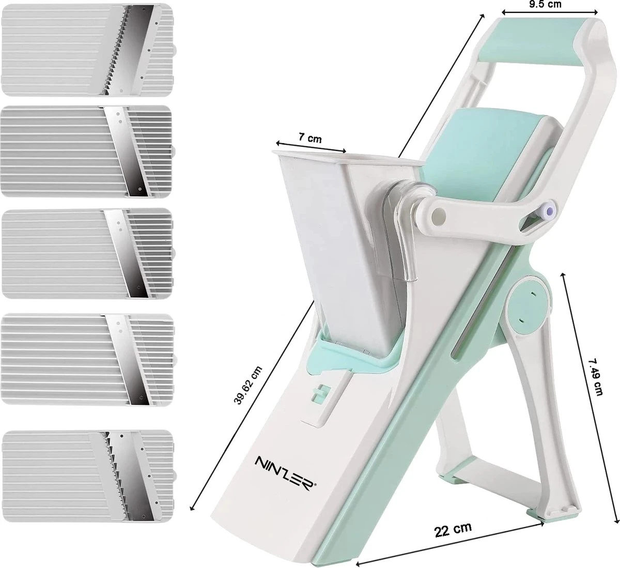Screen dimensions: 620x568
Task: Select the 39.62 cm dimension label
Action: pos(248,385)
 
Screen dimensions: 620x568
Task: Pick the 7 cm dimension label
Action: pos(310,138)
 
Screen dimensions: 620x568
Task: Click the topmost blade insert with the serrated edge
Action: pos(87,50)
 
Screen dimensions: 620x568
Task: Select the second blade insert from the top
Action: pos(86,151)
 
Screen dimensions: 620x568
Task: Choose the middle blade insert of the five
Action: pos(87,254)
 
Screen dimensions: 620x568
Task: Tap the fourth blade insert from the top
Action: pos(87,359)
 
